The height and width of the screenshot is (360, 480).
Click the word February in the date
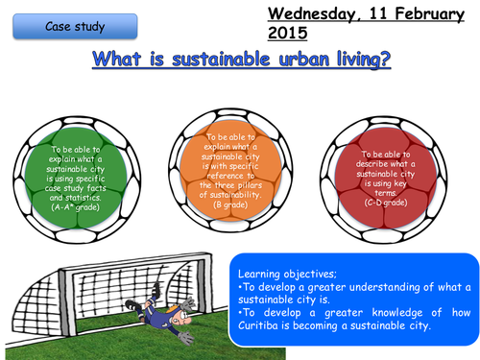(420, 13)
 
